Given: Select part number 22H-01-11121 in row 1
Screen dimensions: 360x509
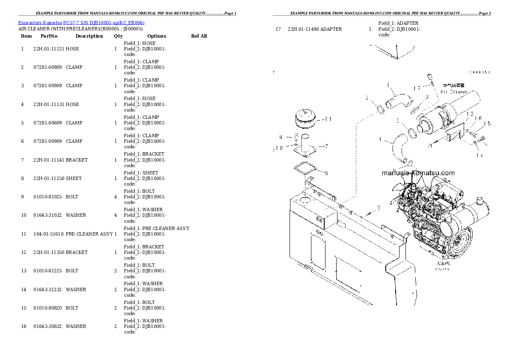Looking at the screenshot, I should click(x=49, y=49).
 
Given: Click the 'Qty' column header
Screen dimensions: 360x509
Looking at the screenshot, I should click(x=118, y=36).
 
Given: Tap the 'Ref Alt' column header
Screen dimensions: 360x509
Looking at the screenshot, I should click(x=199, y=36).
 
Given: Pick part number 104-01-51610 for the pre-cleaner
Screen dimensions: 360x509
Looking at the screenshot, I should click(x=48, y=234).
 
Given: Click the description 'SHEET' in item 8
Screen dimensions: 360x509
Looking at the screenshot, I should click(x=74, y=178).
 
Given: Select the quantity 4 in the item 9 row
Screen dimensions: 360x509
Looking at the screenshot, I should click(x=115, y=197).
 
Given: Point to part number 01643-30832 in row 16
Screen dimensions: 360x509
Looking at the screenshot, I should click(x=47, y=326).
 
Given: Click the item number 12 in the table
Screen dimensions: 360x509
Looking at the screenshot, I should click(x=24, y=252).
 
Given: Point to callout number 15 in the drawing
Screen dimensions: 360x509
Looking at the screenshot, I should click(x=487, y=124).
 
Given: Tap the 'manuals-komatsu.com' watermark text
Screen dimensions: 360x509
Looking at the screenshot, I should click(x=418, y=173).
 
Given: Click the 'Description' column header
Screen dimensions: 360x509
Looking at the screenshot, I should click(x=89, y=36).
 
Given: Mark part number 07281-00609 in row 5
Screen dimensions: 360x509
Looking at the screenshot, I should click(x=47, y=123).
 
